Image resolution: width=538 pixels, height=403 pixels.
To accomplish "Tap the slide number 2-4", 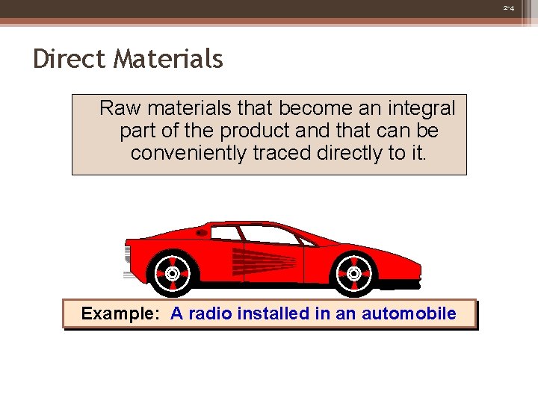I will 509,8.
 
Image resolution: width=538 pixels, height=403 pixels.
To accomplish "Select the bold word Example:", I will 120,313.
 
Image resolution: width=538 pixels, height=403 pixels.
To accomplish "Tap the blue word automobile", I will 409,313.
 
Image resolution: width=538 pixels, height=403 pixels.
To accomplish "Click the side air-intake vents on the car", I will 265,261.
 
